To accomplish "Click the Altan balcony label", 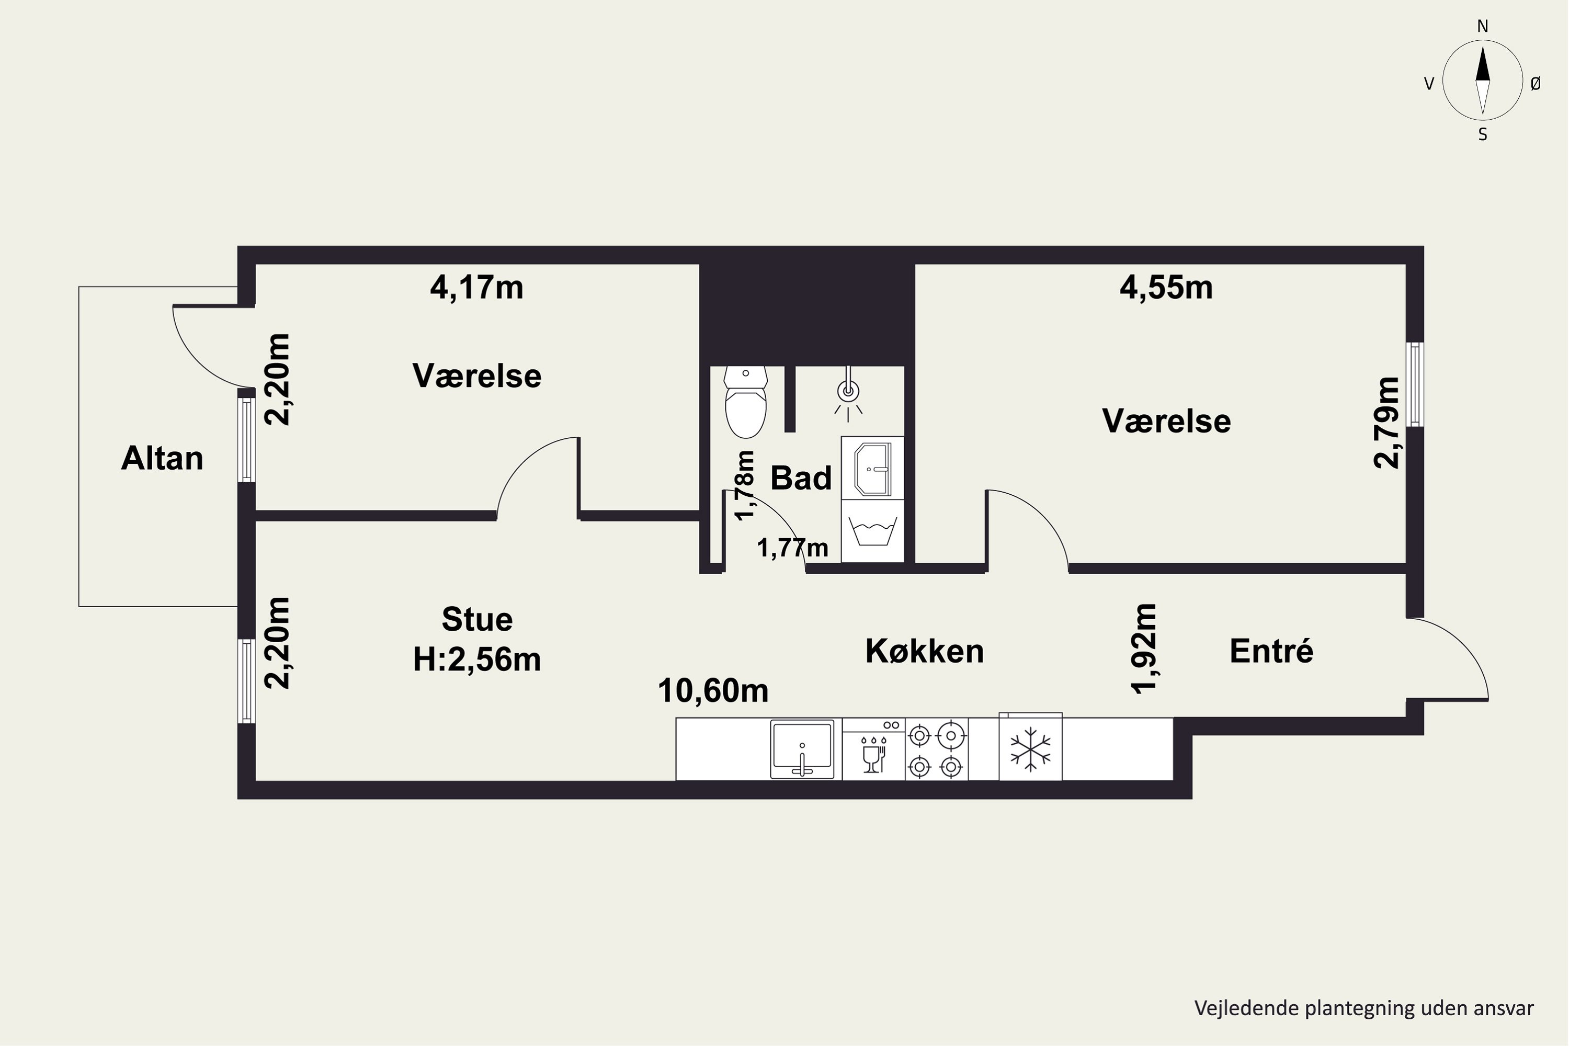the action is pos(162,458).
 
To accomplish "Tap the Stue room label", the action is pos(477,620).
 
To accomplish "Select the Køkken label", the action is pos(925,651).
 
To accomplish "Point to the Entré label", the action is pos(1271,651).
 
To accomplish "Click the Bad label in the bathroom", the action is pos(801,479).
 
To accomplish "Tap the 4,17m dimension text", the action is pos(476,288).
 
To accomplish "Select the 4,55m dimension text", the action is pos(1166,288).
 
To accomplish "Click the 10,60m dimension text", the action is pos(713,691).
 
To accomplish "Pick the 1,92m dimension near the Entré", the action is pos(1144,649).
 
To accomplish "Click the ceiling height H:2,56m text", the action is pos(477,660).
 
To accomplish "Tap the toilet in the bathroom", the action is pos(745,402).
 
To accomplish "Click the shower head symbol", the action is pos(848,394).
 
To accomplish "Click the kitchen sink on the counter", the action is pos(802,749).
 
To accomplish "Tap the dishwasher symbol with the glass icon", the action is pos(873,749).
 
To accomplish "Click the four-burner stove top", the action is pos(936,749).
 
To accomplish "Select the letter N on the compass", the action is pos(1482,26).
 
